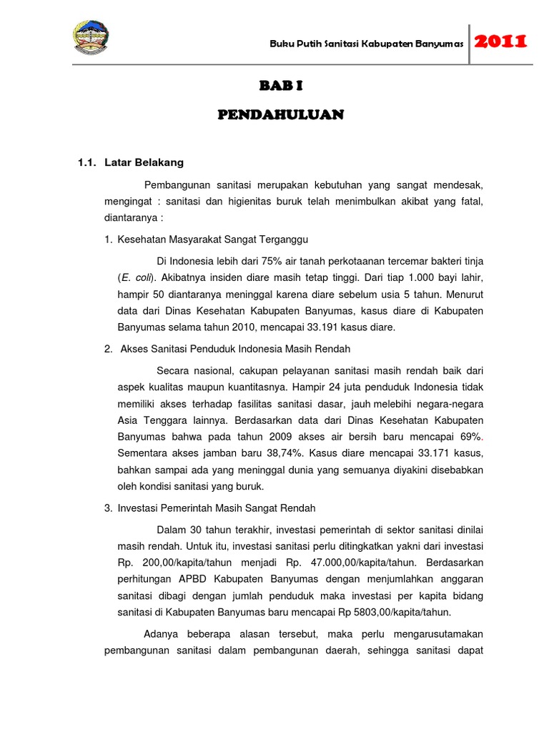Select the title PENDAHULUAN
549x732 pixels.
click(x=281, y=115)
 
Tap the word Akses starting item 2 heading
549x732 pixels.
click(x=134, y=349)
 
